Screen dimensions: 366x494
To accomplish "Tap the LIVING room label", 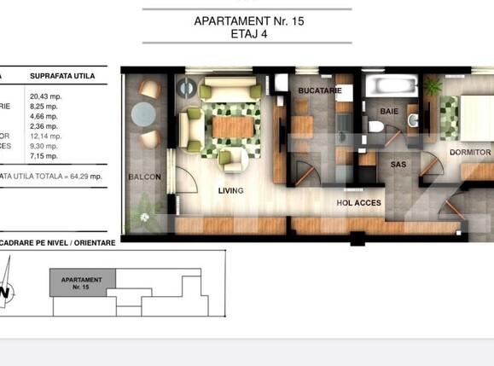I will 230,190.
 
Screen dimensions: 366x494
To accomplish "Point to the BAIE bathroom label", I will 389,110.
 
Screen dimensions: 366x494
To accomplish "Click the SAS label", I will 398,164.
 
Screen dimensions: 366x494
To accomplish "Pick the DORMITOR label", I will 469,153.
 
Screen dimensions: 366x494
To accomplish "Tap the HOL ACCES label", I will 357,203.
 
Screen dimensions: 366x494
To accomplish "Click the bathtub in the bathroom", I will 388,85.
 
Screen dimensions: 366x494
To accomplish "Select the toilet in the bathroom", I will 375,127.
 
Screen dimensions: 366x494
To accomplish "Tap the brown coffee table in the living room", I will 231,126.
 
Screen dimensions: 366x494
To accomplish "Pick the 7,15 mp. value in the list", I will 44,156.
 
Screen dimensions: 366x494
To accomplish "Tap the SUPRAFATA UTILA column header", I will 61,76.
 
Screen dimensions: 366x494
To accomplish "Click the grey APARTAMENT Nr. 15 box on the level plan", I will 82,282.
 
